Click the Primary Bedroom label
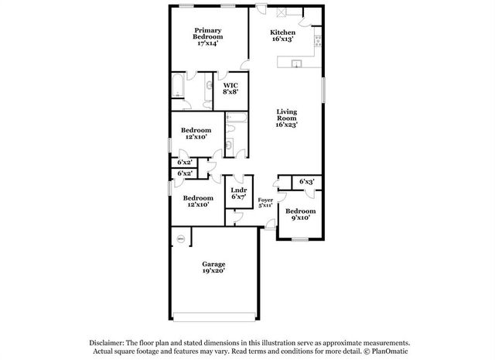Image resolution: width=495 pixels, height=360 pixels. click(x=207, y=36)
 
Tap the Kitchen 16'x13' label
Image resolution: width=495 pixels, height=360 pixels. click(x=282, y=36)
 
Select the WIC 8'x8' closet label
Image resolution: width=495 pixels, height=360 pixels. click(x=230, y=87)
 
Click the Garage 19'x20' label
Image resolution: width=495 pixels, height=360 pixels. click(x=213, y=268)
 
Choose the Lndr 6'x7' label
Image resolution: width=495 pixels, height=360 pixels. click(x=238, y=194)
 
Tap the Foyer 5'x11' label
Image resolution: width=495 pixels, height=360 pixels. click(x=265, y=202)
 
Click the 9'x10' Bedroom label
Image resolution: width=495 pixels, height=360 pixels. click(x=300, y=214)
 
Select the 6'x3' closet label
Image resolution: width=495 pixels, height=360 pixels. click(x=307, y=181)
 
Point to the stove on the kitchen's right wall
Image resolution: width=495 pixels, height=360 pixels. click(x=318, y=39)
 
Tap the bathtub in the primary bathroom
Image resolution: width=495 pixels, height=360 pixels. click(x=178, y=87)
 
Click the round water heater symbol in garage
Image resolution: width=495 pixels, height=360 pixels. click(x=181, y=238)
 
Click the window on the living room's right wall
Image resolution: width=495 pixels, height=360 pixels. click(x=323, y=87)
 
